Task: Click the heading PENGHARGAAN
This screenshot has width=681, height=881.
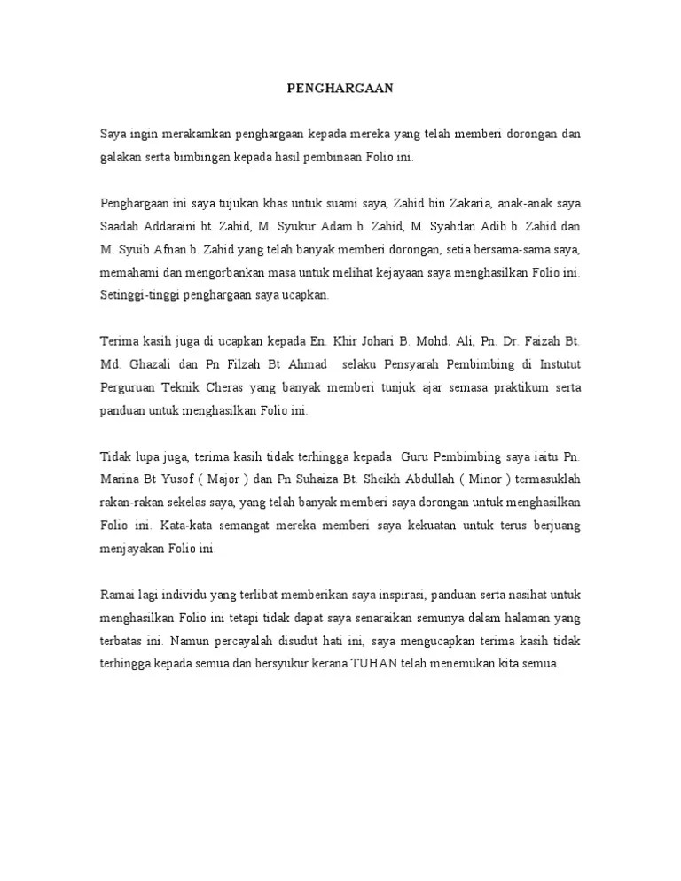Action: [x=340, y=89]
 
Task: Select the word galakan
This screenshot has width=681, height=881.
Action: [x=120, y=157]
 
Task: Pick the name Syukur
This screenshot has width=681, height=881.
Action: [x=290, y=225]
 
